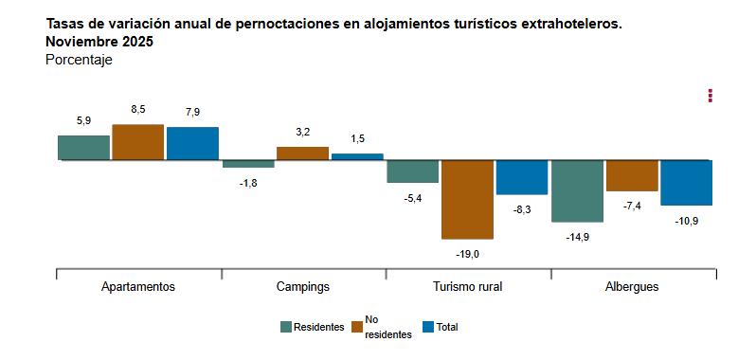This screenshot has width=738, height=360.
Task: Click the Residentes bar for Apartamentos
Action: [83, 148]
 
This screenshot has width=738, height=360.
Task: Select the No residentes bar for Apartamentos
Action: [138, 142]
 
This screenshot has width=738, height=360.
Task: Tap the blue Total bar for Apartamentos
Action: [192, 144]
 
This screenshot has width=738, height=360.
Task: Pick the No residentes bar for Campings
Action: [302, 153]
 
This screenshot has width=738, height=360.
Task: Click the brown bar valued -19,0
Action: [467, 199]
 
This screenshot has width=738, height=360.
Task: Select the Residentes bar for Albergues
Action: [577, 190]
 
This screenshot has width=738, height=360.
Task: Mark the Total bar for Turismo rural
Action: [522, 177]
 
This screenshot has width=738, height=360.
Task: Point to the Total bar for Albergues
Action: [686, 183]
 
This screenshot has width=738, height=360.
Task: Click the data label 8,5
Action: [138, 110]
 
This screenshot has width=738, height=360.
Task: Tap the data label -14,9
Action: [578, 237]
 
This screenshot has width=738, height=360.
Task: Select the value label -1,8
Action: [248, 183]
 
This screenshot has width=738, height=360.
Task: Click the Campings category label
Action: [303, 286]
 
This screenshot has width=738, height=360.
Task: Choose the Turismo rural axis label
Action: [467, 286]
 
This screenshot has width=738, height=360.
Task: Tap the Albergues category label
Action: [632, 286]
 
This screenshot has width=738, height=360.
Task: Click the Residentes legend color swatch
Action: [286, 327]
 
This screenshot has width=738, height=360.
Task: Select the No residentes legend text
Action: [387, 327]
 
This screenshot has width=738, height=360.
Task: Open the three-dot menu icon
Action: [710, 96]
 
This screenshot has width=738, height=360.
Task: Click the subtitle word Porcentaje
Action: [79, 60]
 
